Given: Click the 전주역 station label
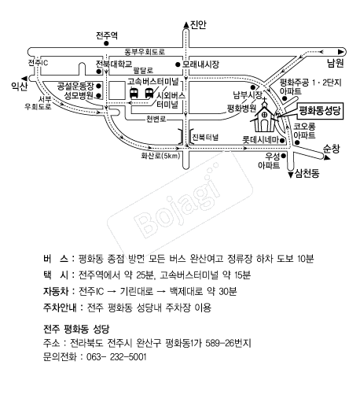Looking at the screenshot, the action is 107,35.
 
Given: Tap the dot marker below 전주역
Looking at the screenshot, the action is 106,44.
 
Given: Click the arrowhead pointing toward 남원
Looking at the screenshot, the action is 341,52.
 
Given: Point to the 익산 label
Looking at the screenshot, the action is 19,86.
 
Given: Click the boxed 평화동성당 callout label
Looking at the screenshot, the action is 320,111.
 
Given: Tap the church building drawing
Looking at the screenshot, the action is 264,118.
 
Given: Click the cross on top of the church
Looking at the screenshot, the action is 264,99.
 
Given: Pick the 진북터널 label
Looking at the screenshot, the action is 205,137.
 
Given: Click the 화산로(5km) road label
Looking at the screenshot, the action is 160,156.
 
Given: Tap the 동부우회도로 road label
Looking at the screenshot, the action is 145,52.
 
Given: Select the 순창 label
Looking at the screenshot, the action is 332,149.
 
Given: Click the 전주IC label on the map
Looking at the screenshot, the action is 39,63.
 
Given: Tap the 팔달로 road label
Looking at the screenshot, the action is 143,70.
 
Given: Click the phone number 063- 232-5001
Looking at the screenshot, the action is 116,357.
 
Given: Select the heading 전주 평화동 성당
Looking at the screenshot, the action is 76,329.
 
